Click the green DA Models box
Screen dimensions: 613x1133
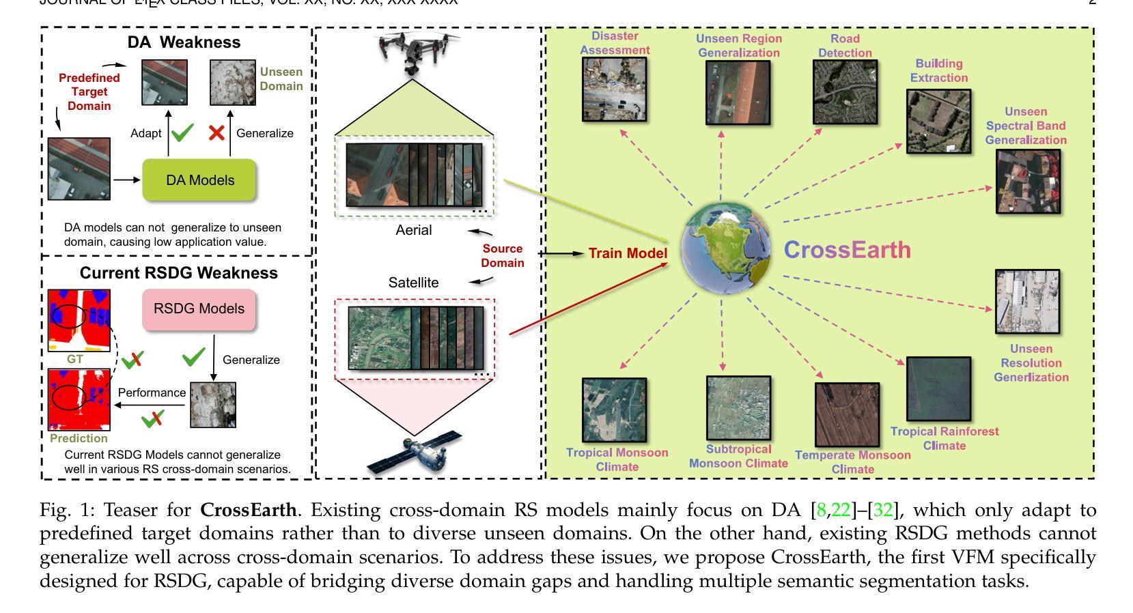[x=198, y=180]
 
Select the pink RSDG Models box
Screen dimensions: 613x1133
[x=199, y=309]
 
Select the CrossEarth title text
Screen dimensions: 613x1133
[x=847, y=250]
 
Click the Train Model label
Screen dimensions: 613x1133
[x=628, y=254]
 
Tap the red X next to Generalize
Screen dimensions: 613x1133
[x=216, y=132]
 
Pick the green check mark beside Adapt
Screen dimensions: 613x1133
[x=182, y=132]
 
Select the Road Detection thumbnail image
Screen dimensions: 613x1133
[x=845, y=91]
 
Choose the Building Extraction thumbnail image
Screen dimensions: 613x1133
[x=938, y=120]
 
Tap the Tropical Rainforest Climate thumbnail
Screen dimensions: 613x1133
[x=938, y=389]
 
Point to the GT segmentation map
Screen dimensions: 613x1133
[x=79, y=320]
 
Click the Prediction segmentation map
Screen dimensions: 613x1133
[x=79, y=399]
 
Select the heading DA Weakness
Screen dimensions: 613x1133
[x=184, y=42]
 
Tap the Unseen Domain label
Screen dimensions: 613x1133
[x=281, y=79]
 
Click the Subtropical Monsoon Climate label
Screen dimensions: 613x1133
[x=738, y=456]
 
